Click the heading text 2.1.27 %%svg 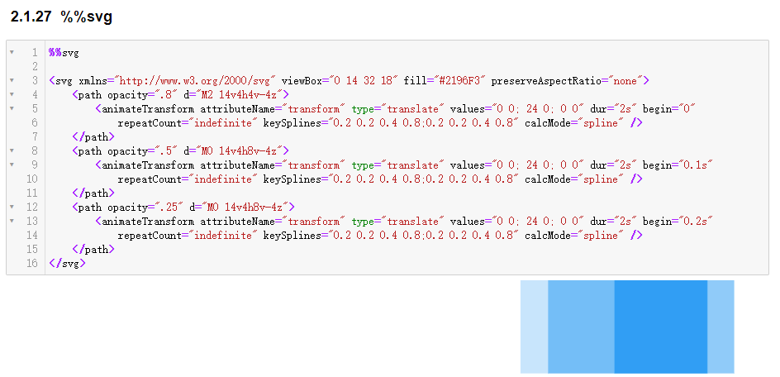pos(62,17)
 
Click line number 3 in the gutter pos(35,81)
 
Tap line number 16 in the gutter pos(32,263)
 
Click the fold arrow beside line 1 pos(12,52)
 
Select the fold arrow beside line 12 pos(12,207)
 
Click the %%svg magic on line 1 pos(64,53)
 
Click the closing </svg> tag pos(67,264)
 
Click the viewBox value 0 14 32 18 pos(365,81)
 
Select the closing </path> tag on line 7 pos(93,136)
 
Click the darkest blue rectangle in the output pos(661,327)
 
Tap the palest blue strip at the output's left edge pos(534,327)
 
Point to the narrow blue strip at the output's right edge pos(721,327)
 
